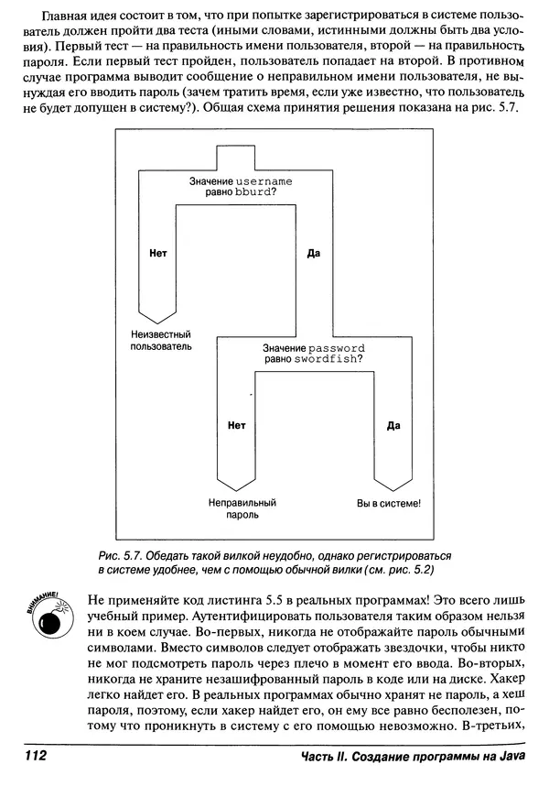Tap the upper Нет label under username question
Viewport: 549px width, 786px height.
pos(156,252)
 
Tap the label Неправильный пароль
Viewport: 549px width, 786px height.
pos(242,509)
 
